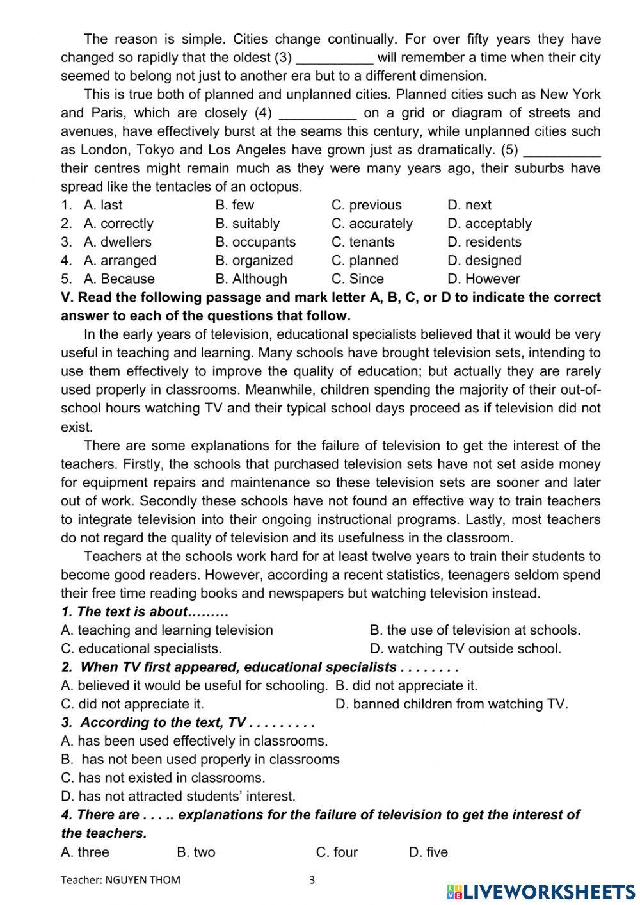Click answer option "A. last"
[x=102, y=205]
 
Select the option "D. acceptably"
[x=490, y=224]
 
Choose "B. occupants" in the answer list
[x=255, y=242]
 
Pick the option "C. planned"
[x=365, y=261]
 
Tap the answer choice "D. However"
[x=484, y=279]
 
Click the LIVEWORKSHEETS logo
[x=541, y=891]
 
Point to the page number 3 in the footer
[x=312, y=880]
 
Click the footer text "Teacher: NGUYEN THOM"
[x=120, y=880]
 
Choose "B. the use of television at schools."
[x=475, y=630]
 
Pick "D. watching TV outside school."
[x=465, y=649]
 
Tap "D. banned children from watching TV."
[x=451, y=704]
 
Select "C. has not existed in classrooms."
[x=163, y=778]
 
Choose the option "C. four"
[x=337, y=852]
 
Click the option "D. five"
[x=428, y=852]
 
